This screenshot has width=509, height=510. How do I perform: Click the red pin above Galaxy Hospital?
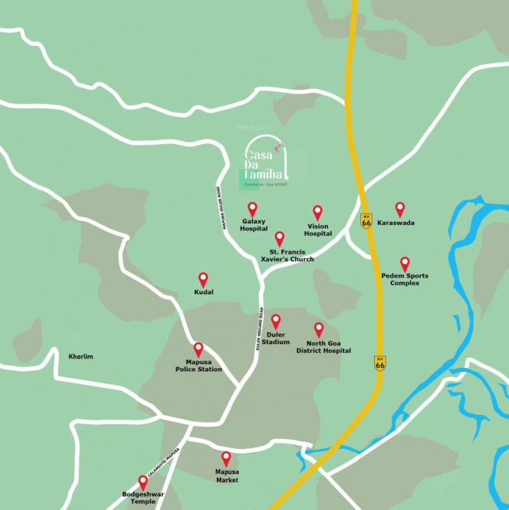253,209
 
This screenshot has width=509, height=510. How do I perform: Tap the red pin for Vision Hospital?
318,212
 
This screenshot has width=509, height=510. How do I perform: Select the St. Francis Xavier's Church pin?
280,238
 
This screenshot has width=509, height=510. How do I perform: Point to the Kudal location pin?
203,279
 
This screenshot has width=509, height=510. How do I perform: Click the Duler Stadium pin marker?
276,321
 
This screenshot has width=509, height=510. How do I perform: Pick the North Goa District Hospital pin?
319,329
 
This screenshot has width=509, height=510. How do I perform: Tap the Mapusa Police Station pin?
198,349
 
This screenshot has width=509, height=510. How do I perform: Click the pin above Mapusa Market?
226,458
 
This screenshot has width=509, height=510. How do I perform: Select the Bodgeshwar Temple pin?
142,481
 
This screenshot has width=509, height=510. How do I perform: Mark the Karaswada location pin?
400,209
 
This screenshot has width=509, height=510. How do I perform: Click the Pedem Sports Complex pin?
405,264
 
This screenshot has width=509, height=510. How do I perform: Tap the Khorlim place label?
81,357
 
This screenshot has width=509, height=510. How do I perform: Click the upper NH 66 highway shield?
366,220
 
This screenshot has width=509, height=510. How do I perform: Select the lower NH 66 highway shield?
379,363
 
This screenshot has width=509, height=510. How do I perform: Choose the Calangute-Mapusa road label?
163,462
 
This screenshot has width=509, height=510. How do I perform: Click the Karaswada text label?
396,223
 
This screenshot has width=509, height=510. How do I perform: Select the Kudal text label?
204,292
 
